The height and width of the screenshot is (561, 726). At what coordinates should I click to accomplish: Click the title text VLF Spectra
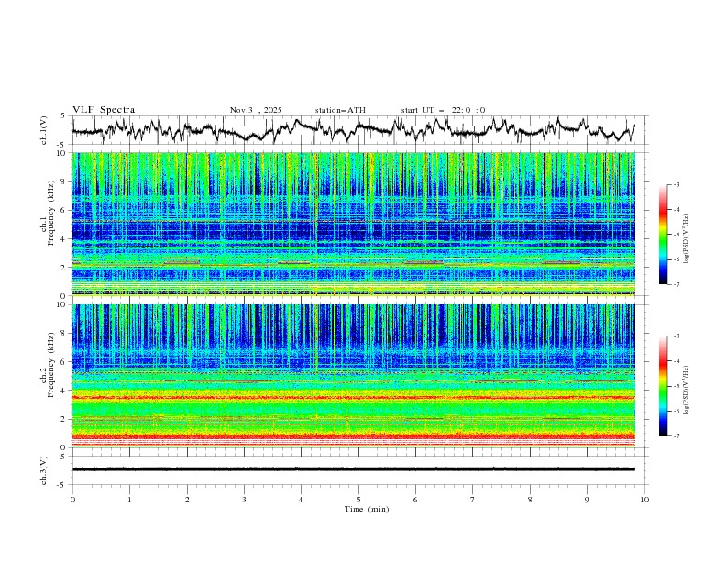coord(104,110)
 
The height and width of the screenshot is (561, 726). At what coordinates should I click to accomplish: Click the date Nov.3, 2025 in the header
coord(256,110)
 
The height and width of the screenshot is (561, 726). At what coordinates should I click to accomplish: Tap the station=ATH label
coord(340,110)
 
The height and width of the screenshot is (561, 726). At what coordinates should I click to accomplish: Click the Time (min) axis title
coord(358,509)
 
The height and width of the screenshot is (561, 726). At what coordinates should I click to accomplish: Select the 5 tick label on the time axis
coord(358,499)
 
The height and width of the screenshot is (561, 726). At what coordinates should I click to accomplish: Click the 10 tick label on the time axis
coord(644,499)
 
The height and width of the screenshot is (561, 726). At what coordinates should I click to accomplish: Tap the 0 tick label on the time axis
coord(72,499)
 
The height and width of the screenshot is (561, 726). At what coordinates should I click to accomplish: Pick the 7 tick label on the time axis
coord(473,499)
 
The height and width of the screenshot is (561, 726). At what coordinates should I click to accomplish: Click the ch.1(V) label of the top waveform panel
coord(44,130)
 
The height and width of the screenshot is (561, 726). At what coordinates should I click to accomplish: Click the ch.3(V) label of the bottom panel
coord(44,468)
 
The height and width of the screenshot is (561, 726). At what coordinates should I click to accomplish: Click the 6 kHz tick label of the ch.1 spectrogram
coord(63,210)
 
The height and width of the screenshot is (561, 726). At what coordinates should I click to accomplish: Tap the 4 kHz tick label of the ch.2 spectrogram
coord(63,390)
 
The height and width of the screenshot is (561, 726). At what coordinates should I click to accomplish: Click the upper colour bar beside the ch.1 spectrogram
coord(664,235)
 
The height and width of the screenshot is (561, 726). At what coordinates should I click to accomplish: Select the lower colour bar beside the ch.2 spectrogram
coord(664,386)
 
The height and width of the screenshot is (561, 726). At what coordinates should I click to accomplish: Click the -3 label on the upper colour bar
coord(676,185)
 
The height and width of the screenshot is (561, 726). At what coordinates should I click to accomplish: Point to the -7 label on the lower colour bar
coord(676,436)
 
